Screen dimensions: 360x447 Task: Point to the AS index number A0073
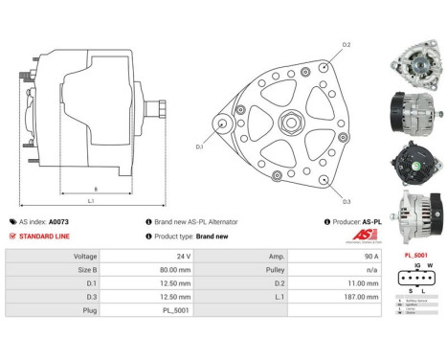point(60,221)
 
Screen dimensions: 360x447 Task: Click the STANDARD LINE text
point(48,236)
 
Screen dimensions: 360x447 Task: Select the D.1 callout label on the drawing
point(200,146)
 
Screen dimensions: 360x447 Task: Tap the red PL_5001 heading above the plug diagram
point(416,256)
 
